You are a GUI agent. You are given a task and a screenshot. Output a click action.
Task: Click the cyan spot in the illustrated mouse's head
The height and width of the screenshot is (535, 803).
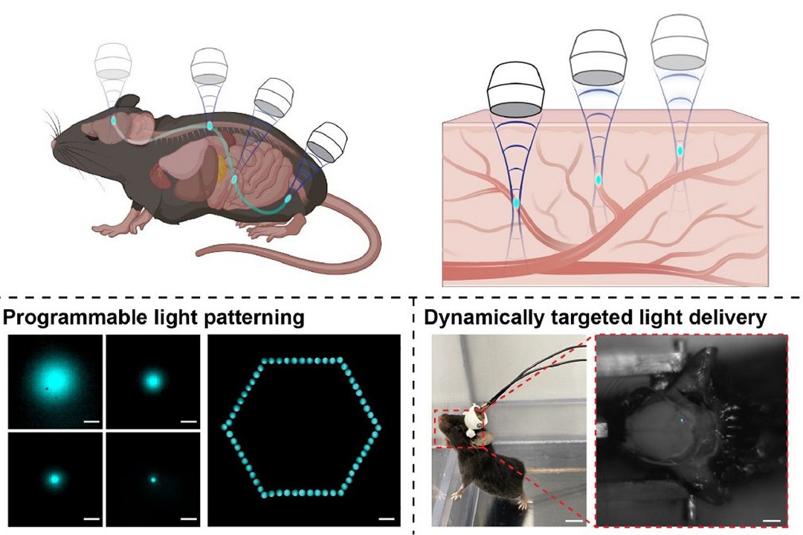click(114, 120)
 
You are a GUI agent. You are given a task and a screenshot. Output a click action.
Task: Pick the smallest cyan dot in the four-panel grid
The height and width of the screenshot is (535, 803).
click(153, 480)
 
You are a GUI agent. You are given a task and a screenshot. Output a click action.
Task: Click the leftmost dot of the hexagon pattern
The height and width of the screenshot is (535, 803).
click(225, 428)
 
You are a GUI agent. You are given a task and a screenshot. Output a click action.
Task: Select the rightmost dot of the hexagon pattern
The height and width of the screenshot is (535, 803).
click(379, 428)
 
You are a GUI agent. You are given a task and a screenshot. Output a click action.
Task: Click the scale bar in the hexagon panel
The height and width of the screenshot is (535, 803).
click(387, 518)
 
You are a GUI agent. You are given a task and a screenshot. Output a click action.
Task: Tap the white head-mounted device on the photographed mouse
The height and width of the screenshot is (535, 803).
click(474, 421)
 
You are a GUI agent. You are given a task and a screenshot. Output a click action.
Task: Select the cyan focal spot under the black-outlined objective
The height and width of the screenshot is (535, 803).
click(517, 202)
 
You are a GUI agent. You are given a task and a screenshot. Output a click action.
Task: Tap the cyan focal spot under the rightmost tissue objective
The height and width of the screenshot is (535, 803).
click(680, 151)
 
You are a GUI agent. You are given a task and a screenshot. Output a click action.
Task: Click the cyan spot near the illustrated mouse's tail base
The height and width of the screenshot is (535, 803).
click(289, 199)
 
